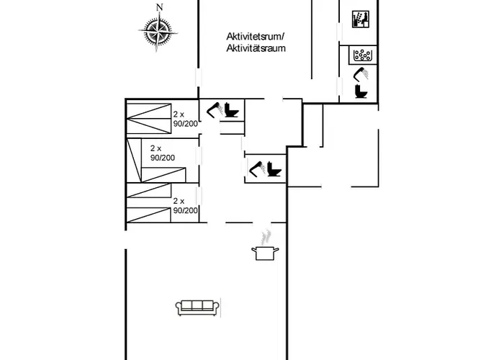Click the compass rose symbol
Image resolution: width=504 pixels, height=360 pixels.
coord(158,32)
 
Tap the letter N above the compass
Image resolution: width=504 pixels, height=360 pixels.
coord(159,7)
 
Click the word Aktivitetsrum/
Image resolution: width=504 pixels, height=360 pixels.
coord(256,36)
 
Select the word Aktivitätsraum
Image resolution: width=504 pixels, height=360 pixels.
coord(256,48)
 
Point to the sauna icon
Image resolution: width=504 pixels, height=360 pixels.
coord(360,19)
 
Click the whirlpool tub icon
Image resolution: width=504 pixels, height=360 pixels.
coord(363,55)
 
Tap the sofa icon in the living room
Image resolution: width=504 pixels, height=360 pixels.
coord(198,308)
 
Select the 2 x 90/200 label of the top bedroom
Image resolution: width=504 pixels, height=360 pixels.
coord(185,119)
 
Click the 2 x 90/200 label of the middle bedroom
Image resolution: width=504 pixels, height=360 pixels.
coord(163,153)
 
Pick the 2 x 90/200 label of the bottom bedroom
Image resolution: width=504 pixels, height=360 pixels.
coord(185,206)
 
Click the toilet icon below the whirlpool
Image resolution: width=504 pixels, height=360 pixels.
coord(361,91)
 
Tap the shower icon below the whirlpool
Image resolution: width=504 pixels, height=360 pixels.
coord(361,73)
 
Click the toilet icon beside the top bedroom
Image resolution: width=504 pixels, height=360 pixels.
coord(231,110)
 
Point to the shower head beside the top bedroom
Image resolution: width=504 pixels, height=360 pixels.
coord(215,110)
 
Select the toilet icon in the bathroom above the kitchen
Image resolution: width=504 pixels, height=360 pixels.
coord(274,168)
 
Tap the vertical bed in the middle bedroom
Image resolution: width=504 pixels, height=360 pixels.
coord(135,161)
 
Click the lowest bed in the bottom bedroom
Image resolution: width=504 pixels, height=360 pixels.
coord(148,215)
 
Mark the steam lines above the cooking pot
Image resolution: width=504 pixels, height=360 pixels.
coord(266,238)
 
